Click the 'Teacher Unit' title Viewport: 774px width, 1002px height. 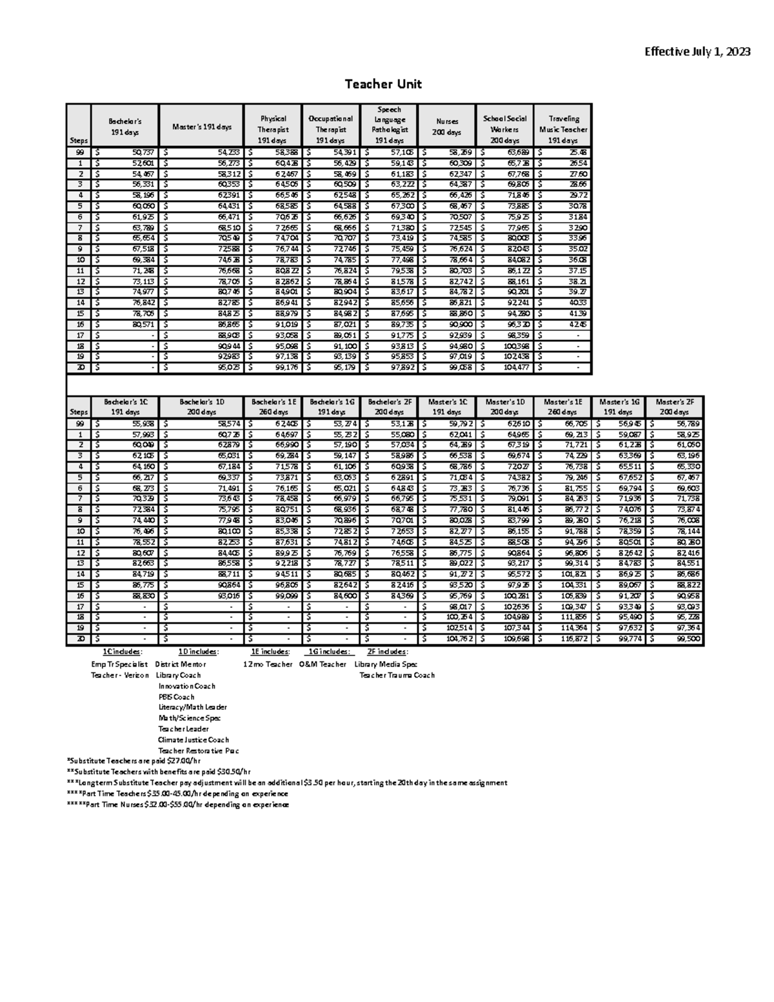pyautogui.click(x=383, y=84)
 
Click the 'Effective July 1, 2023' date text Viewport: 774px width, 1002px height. pyautogui.click(x=697, y=52)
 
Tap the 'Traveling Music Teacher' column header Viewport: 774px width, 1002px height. pyautogui.click(x=563, y=129)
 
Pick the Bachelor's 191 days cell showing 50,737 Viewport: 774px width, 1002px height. pyautogui.click(x=143, y=152)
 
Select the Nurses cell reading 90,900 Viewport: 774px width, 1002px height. pyautogui.click(x=461, y=325)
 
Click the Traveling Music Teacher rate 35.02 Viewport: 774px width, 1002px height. pyautogui.click(x=577, y=249)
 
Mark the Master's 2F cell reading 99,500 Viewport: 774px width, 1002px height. pyautogui.click(x=688, y=639)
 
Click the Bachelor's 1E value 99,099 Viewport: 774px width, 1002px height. pyautogui.click(x=285, y=596)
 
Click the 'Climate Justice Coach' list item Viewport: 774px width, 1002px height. pyautogui.click(x=193, y=740)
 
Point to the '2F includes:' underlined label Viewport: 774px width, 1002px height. pyautogui.click(x=387, y=652)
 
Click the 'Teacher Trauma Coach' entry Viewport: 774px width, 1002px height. pyautogui.click(x=397, y=676)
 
